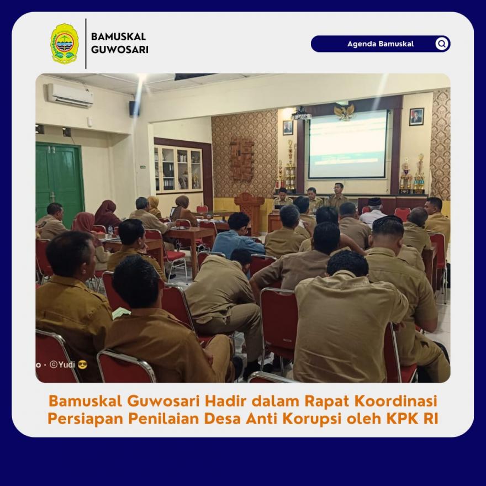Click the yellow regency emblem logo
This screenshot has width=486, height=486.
(65, 44)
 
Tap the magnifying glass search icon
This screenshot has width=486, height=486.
(442, 44)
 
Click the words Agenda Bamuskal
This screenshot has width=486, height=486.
(381, 44)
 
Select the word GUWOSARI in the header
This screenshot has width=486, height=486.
(120, 50)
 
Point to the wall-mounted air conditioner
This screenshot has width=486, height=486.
(70, 96)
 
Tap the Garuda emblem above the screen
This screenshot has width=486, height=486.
(345, 112)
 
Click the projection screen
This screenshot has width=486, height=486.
(348, 145)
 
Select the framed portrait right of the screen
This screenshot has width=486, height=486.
(416, 117)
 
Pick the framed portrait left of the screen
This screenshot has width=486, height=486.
(288, 128)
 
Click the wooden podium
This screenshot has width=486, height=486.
(250, 212)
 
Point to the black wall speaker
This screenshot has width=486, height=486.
(134, 108)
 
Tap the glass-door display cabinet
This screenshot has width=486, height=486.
(179, 169)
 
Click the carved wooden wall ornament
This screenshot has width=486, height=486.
(241, 159)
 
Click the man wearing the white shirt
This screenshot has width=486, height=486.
(373, 212)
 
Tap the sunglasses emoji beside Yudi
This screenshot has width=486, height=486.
(82, 364)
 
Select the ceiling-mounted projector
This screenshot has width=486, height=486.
(301, 114)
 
